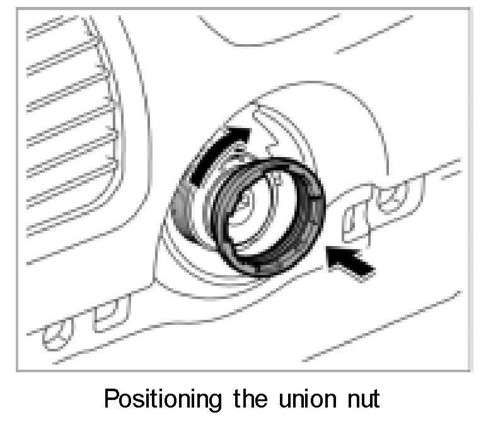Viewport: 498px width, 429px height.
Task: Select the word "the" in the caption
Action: click(x=257, y=399)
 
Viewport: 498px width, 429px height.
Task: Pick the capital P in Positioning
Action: click(x=112, y=399)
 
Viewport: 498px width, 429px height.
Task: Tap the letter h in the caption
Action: click(x=257, y=399)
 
